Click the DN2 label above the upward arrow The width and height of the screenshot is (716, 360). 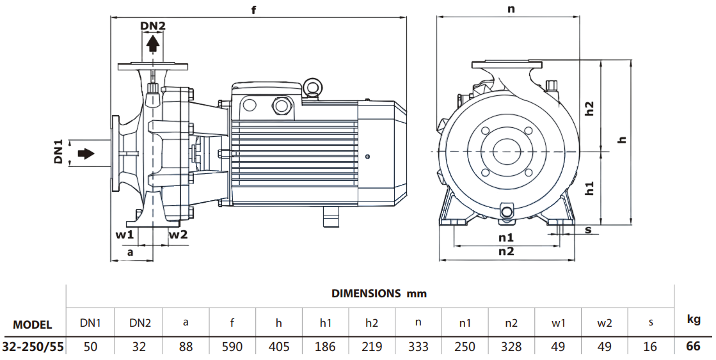point(153,26)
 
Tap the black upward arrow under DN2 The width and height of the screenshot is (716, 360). point(153,43)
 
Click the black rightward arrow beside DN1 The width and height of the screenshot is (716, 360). point(85,153)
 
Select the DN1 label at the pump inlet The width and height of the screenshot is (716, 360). point(58,152)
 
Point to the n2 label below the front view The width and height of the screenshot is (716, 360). point(506,251)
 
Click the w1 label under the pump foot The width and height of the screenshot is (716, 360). point(124,234)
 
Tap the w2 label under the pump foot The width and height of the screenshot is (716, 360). point(179,234)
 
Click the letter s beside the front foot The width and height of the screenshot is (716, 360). point(589,230)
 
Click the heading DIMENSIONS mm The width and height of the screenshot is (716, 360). point(379,293)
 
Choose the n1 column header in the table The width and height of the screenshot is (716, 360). point(465,323)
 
